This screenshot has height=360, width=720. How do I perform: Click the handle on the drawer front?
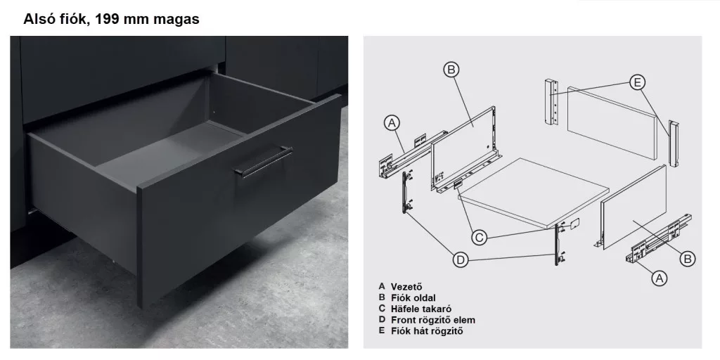tap(264, 162)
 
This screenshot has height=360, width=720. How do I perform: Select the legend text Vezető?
tap(406, 287)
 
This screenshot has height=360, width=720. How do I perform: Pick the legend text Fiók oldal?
tap(413, 298)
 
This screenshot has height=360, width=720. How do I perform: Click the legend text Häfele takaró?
tap(421, 309)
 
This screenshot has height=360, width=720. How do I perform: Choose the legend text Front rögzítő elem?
tap(433, 320)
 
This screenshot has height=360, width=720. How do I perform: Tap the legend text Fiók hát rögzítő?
tap(427, 331)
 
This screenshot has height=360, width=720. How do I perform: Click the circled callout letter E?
tap(637, 83)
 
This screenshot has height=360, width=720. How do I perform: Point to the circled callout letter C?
tap(480, 238)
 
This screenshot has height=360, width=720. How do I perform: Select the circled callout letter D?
tap(461, 260)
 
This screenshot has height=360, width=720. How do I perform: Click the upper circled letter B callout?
tap(451, 70)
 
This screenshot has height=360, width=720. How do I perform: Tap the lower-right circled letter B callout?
tap(688, 259)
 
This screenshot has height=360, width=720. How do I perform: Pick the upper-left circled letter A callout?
tap(392, 123)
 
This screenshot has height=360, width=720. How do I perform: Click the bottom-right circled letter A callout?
tap(660, 278)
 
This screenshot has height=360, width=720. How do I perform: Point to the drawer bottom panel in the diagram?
tap(533, 192)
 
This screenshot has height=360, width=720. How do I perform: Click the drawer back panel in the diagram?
tap(611, 123)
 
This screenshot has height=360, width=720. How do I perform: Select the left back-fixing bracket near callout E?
tap(551, 101)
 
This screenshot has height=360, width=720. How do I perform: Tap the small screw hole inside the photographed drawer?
tap(214, 110)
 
